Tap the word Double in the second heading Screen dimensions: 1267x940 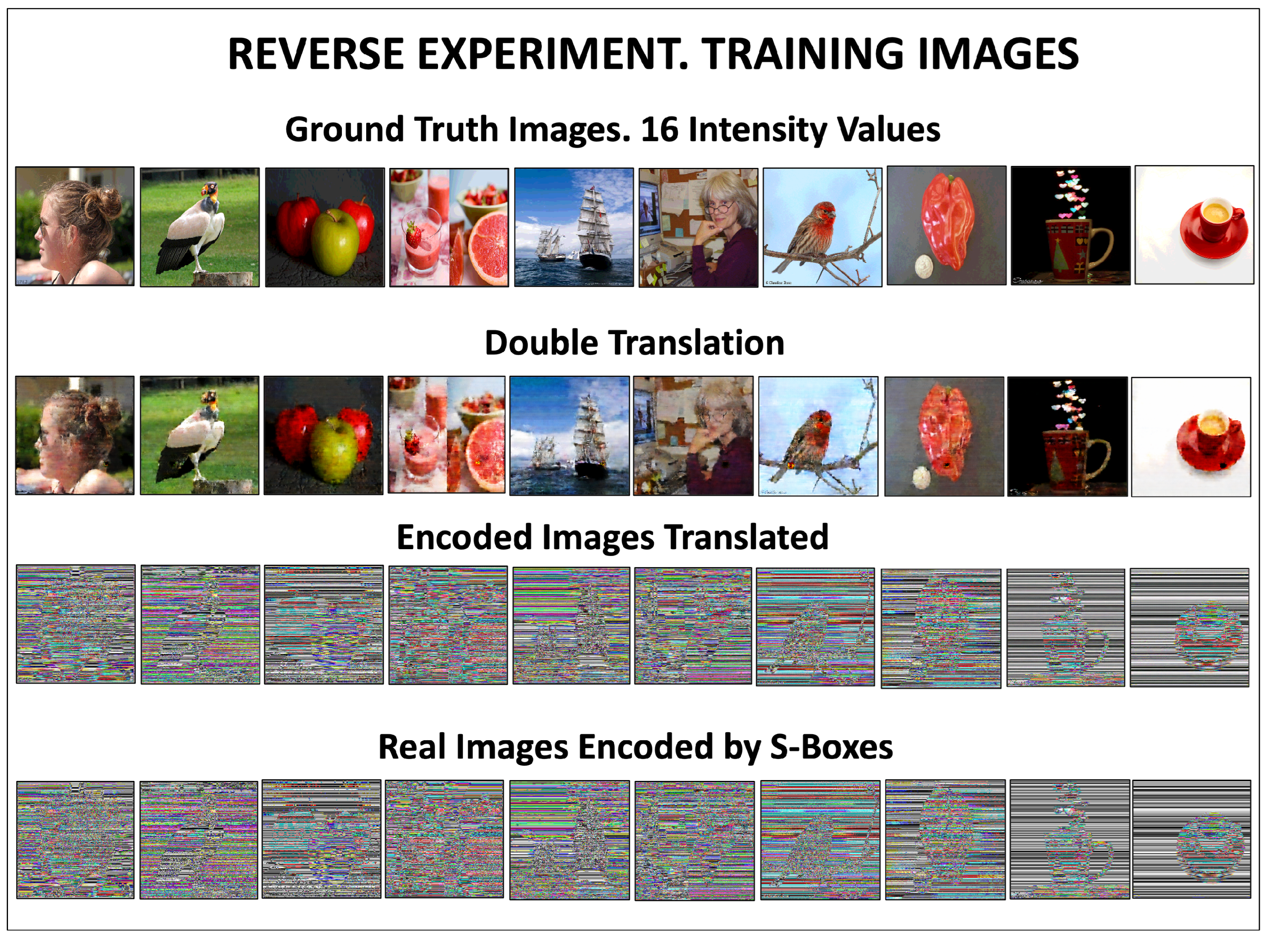(541, 343)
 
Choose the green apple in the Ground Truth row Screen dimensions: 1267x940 (335, 241)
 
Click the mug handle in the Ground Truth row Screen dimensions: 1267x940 (1102, 249)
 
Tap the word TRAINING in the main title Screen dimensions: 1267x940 (804, 54)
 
